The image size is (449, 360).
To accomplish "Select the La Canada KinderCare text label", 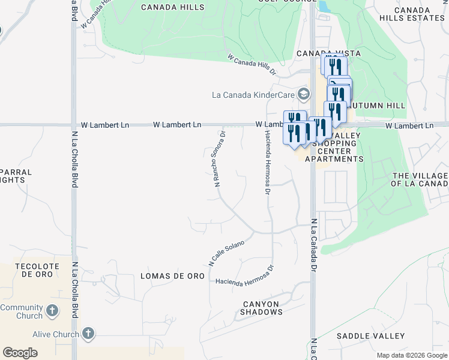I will click(x=252, y=95).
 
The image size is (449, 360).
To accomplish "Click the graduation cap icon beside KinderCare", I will click(x=304, y=94).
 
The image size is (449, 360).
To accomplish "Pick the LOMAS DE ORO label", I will click(x=172, y=276).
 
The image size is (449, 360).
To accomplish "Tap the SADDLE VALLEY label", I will click(x=370, y=336).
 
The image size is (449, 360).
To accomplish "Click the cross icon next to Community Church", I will click(x=53, y=311).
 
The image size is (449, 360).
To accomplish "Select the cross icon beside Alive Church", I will click(x=88, y=334).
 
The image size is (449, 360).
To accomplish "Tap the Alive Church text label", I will click(x=56, y=334).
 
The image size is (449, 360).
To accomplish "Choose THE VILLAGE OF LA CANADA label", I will click(x=420, y=179).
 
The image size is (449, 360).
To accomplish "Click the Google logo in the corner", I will click(x=20, y=353).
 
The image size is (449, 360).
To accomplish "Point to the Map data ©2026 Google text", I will click(x=411, y=355).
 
